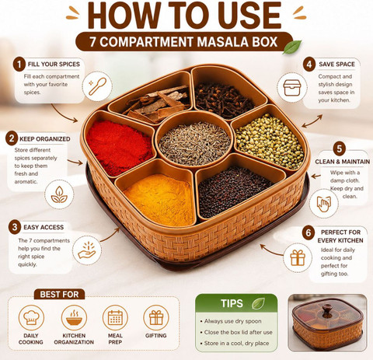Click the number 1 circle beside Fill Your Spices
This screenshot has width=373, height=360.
19,65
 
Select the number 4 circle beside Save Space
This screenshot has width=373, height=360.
309,65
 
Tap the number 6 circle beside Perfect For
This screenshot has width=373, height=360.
309,232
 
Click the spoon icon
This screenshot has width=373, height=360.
97,86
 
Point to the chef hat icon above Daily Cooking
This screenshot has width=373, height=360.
31,317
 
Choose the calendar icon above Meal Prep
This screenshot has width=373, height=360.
115,317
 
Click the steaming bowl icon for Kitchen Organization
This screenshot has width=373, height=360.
74,317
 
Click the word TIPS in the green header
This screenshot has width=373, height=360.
232,303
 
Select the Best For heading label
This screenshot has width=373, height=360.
59,295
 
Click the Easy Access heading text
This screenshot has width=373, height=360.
44,227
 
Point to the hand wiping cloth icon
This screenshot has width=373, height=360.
324,204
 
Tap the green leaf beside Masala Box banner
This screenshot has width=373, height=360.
292,47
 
